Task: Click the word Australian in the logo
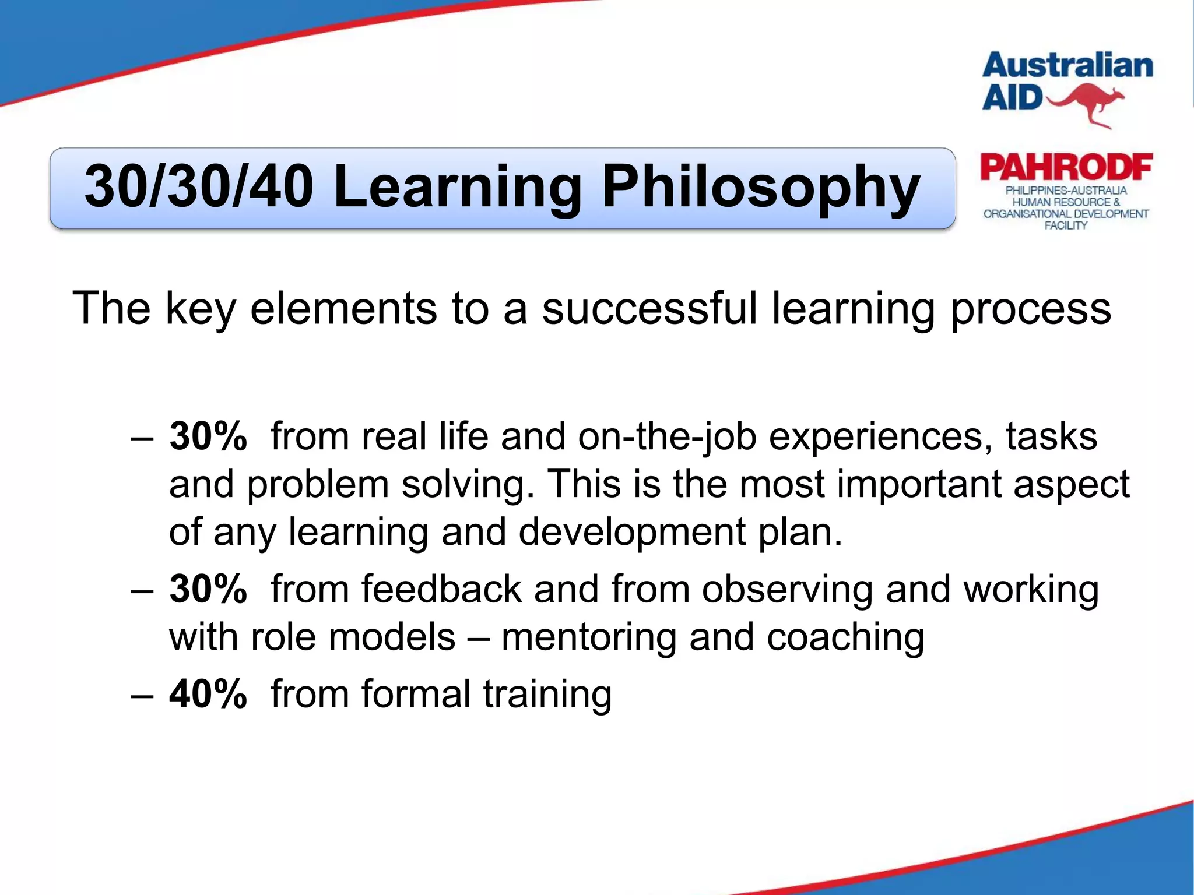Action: (x=1067, y=66)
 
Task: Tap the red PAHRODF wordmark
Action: (x=1066, y=168)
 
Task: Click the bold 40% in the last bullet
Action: (x=208, y=694)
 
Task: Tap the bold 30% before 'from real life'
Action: (x=208, y=436)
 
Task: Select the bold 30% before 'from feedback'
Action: (x=208, y=589)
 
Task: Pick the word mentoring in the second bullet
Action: (x=588, y=637)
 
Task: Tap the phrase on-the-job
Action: (x=667, y=436)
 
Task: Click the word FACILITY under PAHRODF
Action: (x=1065, y=225)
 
